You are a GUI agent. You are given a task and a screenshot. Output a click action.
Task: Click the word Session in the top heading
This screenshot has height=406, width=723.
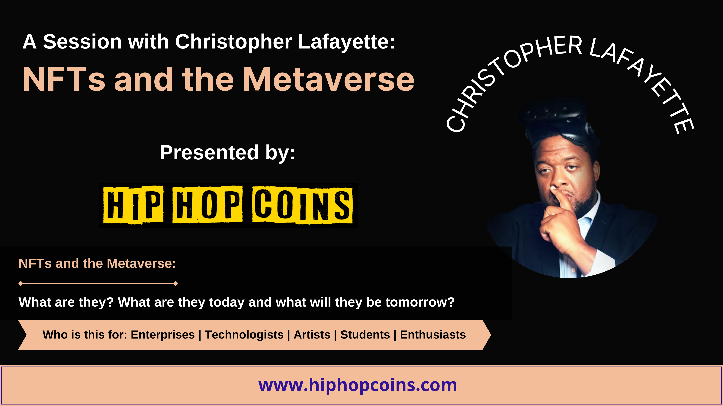click(x=82, y=42)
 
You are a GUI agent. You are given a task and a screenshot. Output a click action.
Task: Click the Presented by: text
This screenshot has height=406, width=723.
click(x=227, y=153)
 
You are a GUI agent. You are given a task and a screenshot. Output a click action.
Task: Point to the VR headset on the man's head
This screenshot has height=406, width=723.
click(x=557, y=120)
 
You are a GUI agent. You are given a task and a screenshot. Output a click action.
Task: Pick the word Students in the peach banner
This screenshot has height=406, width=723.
click(x=365, y=335)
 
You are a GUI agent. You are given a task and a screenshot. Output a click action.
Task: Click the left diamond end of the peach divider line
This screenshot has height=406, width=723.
click(x=21, y=284)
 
